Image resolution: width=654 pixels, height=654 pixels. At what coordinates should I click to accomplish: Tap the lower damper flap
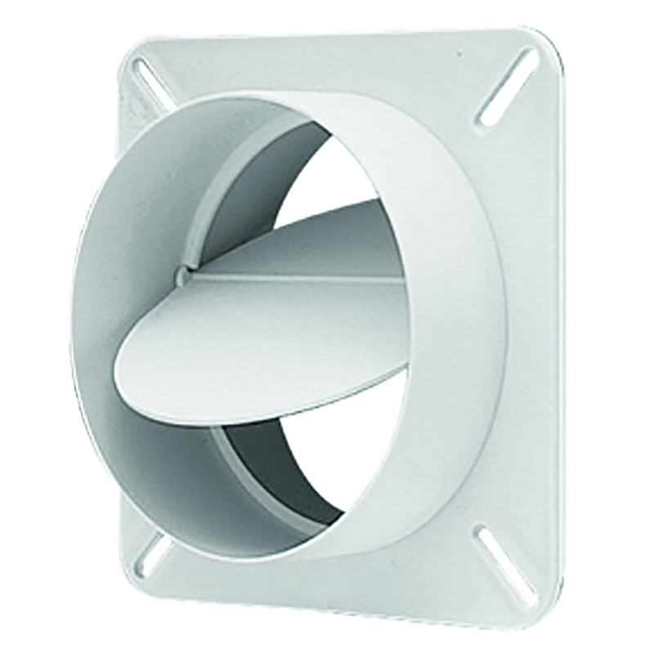tap(262, 343)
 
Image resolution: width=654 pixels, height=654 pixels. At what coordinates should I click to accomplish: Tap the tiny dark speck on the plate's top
tap(459, 55)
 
